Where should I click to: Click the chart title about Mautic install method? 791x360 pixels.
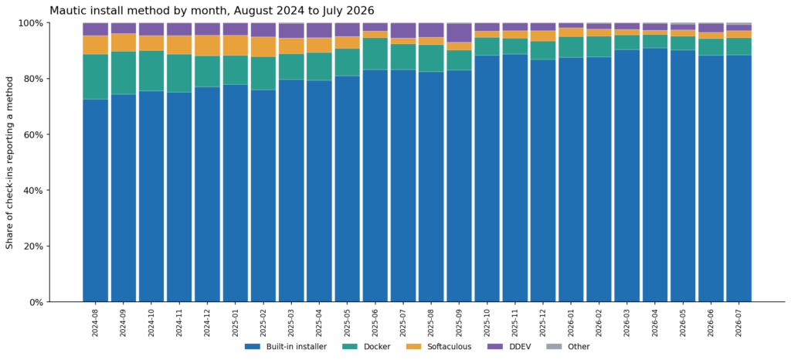[212, 10]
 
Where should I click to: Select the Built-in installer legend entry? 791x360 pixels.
[286, 346]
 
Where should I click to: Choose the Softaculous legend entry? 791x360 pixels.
[439, 346]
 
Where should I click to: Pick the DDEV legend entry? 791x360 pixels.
[509, 346]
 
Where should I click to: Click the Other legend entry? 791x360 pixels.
[569, 346]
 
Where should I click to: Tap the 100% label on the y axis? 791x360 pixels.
[32, 23]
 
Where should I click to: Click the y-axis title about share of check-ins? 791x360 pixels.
[9, 162]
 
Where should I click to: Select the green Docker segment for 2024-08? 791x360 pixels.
[96, 76]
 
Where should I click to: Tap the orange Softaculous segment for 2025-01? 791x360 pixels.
[236, 46]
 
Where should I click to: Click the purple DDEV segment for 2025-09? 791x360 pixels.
[459, 32]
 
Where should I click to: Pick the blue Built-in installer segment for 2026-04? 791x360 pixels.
[655, 175]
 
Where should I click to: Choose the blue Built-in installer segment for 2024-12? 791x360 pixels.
[207, 195]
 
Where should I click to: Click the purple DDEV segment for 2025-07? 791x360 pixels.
[403, 30]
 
